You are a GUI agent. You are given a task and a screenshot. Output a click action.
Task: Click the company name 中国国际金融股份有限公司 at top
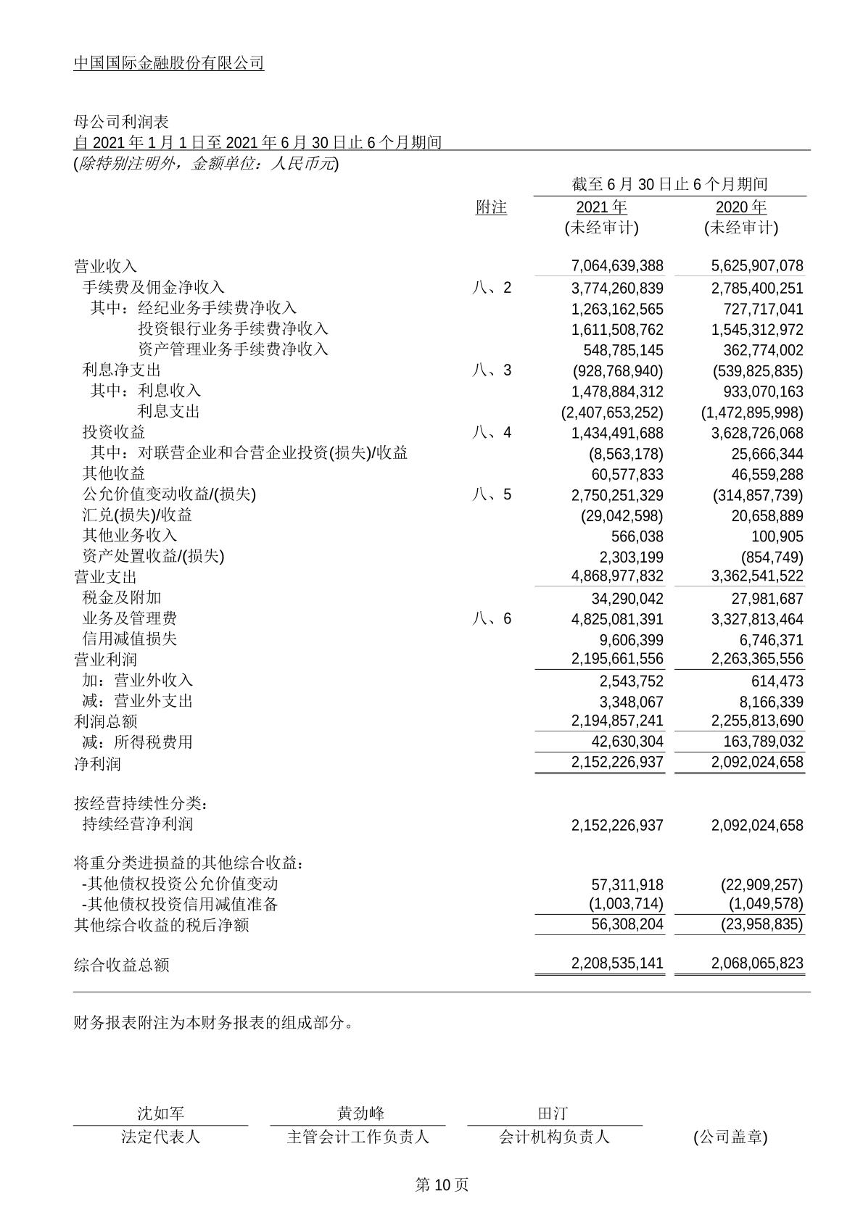pyautogui.click(x=169, y=64)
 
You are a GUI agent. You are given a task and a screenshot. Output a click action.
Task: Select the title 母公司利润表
pyautogui.click(x=121, y=121)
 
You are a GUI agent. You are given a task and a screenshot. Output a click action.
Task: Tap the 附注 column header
pyautogui.click(x=491, y=207)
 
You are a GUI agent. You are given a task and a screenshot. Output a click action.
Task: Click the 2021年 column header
pyautogui.click(x=601, y=207)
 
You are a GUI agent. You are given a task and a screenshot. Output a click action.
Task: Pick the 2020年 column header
pyautogui.click(x=740, y=207)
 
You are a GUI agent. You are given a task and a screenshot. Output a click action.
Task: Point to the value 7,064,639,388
pyautogui.click(x=617, y=267)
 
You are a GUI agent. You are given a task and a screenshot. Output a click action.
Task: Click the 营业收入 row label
pyautogui.click(x=105, y=267)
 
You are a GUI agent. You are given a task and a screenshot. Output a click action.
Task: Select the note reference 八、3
pyautogui.click(x=491, y=370)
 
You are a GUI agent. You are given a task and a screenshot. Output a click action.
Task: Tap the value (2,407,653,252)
pyautogui.click(x=612, y=412)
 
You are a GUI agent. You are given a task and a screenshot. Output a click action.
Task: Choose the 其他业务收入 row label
pyautogui.click(x=130, y=536)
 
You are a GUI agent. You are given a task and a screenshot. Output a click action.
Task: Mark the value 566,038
pyautogui.click(x=637, y=537)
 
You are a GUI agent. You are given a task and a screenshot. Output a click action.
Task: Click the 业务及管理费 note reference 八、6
pyautogui.click(x=491, y=618)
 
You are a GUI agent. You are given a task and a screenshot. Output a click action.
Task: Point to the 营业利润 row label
pyautogui.click(x=105, y=660)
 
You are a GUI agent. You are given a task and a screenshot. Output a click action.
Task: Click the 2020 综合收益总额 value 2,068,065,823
pyautogui.click(x=757, y=965)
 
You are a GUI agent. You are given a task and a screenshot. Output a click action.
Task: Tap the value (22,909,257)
pyautogui.click(x=761, y=885)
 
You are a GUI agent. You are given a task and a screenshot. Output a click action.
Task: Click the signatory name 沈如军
pyautogui.click(x=161, y=1113)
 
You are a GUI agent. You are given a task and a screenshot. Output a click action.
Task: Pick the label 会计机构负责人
pyautogui.click(x=554, y=1137)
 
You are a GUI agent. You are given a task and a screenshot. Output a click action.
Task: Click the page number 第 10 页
pyautogui.click(x=442, y=1185)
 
